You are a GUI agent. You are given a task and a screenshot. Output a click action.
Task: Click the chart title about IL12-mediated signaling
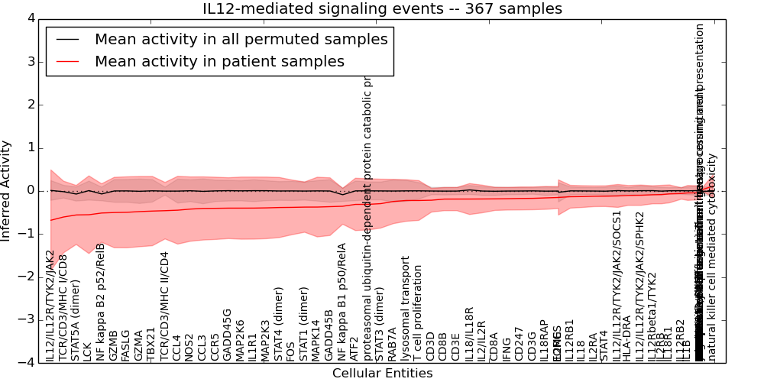382,9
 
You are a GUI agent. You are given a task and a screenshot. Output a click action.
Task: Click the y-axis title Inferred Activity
7,190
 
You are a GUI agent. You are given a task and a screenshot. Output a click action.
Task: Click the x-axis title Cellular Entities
382,374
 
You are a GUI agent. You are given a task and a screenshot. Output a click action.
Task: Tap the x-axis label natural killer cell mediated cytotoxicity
712,257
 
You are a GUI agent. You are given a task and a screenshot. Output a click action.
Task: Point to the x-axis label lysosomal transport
406,313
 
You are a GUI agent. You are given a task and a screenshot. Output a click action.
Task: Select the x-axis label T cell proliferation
418,313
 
